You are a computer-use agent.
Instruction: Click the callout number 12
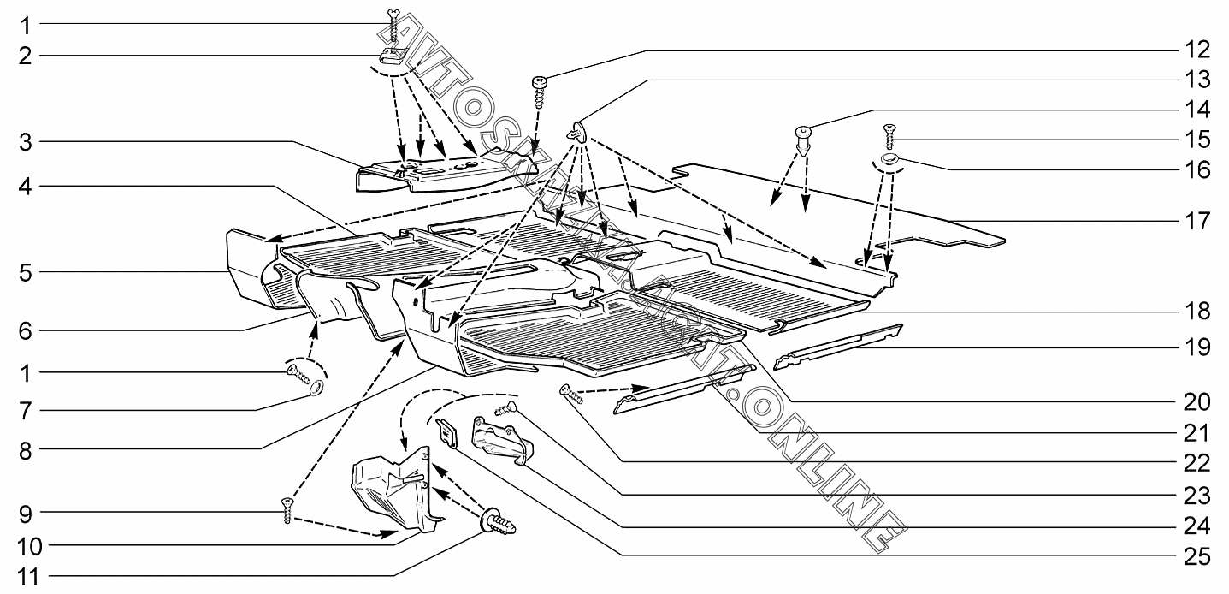(x=1197, y=50)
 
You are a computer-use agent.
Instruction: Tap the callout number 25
(x=1197, y=557)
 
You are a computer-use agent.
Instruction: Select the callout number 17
(x=1197, y=221)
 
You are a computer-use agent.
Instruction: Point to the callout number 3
(x=26, y=143)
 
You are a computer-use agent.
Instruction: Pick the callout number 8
(x=26, y=451)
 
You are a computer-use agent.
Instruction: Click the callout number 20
(x=1197, y=402)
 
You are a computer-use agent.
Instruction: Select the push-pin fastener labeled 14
(x=803, y=141)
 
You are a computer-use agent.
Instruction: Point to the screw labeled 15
(x=889, y=137)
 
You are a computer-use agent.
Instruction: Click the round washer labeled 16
(x=889, y=160)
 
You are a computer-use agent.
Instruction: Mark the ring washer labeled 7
(x=316, y=389)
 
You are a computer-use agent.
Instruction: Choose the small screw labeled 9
(x=287, y=511)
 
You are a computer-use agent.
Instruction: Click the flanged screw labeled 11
(x=498, y=523)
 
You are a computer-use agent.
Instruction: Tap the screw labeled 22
(x=571, y=394)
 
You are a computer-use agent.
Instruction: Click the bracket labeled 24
(x=501, y=440)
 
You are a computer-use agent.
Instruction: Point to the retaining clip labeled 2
(x=393, y=55)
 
